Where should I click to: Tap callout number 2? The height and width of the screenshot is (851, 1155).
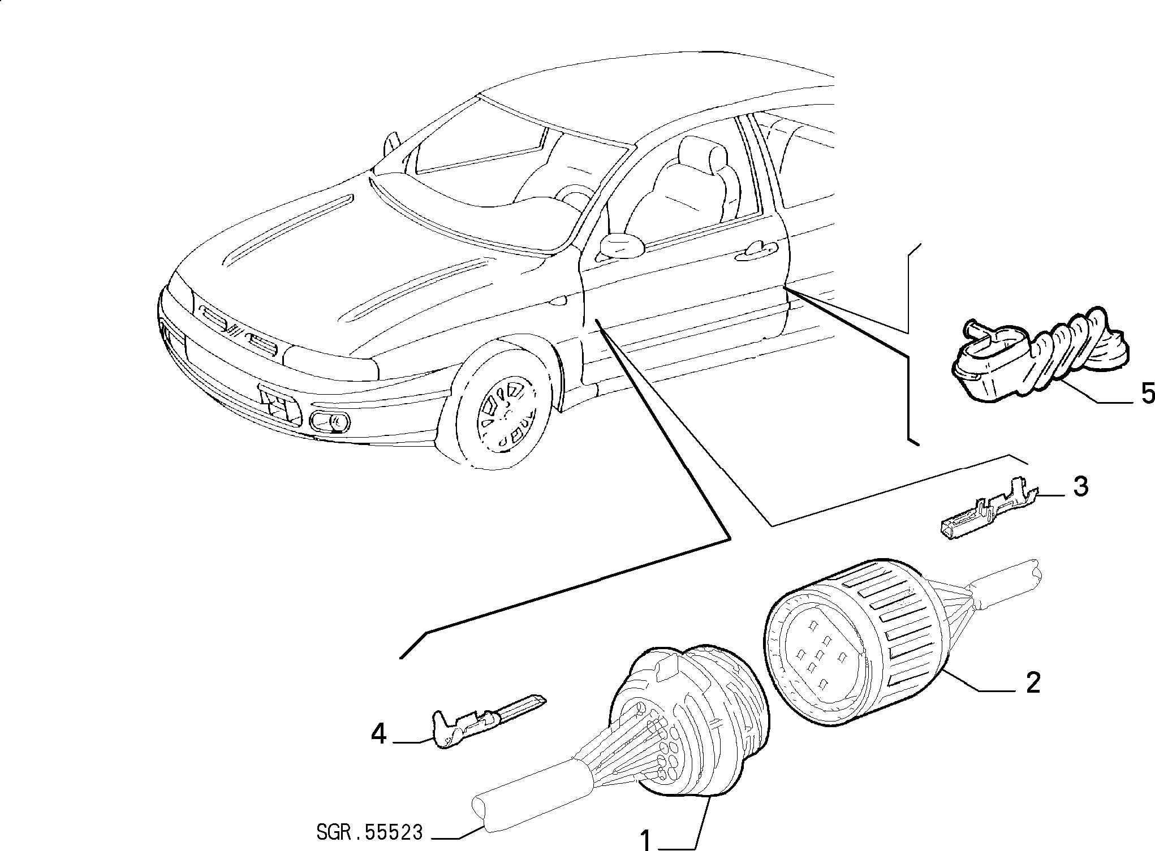(1032, 683)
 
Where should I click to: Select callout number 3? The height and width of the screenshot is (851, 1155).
(1080, 486)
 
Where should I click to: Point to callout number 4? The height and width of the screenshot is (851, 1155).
(378, 735)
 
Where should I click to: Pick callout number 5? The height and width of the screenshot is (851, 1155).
(1147, 394)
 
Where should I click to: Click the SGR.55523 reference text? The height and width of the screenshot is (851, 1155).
(370, 832)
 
